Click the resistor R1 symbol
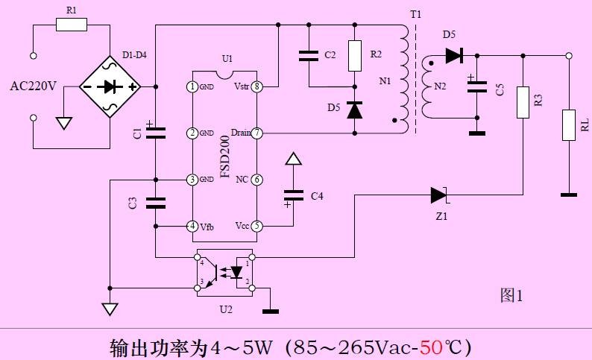pyautogui.click(x=72, y=25)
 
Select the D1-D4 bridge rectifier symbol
pyautogui.click(x=110, y=86)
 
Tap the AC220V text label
pyautogui.click(x=34, y=86)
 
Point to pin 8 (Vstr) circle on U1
pyautogui.click(x=257, y=86)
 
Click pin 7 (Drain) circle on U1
pyautogui.click(x=257, y=133)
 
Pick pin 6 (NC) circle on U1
pyautogui.click(x=257, y=180)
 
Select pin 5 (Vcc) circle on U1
pyautogui.click(x=257, y=226)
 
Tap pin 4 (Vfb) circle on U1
pyautogui.click(x=193, y=226)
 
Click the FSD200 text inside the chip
pyautogui.click(x=225, y=156)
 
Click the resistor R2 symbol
pyautogui.click(x=354, y=55)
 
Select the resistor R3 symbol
pyautogui.click(x=523, y=102)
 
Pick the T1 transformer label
pyautogui.click(x=415, y=14)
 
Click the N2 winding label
pyautogui.click(x=439, y=86)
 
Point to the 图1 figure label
pyautogui.click(x=511, y=296)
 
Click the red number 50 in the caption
pyautogui.click(x=431, y=347)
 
